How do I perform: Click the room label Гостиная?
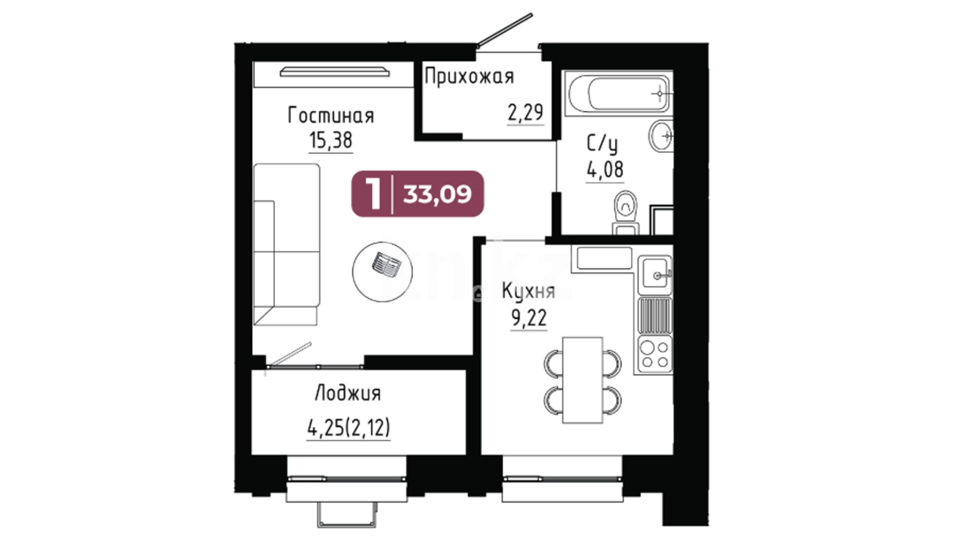coord(331,116)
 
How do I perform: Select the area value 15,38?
coord(331,140)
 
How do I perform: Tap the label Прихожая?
coord(469,77)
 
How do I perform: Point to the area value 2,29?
coord(525,112)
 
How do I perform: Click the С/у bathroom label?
coord(602,144)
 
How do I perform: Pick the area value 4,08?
coord(605,170)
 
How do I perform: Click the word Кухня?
coord(528,291)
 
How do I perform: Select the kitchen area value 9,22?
coord(529,318)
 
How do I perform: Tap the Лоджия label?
coord(348,393)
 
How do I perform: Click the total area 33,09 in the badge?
coord(437,194)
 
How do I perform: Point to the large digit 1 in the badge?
coord(374,194)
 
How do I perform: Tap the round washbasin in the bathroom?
coord(661,135)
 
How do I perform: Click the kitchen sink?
coord(655,273)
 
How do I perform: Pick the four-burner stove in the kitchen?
coord(655,354)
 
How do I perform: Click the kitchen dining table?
coord(582,380)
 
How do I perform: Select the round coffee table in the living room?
coord(382,272)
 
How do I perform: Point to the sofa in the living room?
coord(286,244)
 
